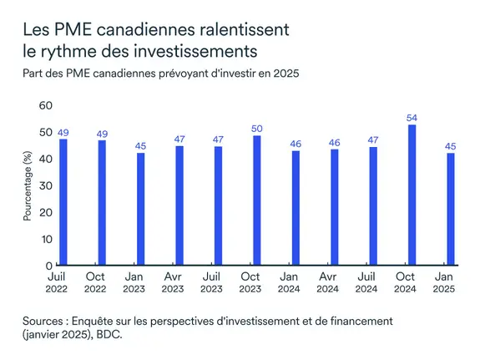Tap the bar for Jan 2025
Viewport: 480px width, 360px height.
(451, 209)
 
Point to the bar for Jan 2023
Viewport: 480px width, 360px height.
(140, 209)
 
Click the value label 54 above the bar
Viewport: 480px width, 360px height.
(412, 117)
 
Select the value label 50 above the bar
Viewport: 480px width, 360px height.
(257, 128)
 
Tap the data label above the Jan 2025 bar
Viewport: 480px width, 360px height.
(451, 147)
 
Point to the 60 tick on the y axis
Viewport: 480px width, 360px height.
(45, 105)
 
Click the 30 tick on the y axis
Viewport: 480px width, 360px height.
(45, 185)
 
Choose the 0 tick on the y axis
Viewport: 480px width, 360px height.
(48, 266)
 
